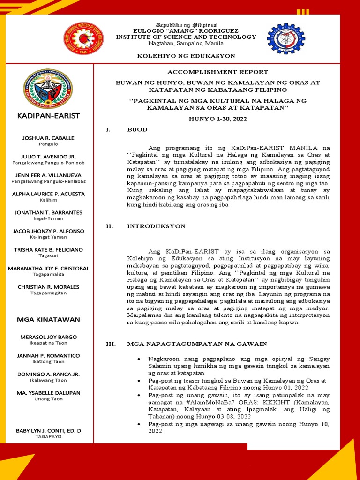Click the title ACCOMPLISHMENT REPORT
point(217,72)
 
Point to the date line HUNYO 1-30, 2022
point(217,119)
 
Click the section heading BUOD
point(137,129)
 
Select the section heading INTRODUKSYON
point(156,226)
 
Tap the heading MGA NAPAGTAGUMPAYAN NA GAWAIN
point(197,344)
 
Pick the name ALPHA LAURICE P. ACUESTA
point(49,194)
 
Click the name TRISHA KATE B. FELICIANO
point(49,249)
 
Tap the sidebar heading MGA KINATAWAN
point(49,319)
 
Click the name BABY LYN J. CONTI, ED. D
point(49,430)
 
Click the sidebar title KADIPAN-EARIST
point(49,115)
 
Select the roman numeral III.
point(111,344)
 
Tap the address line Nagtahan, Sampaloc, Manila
point(186,43)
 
